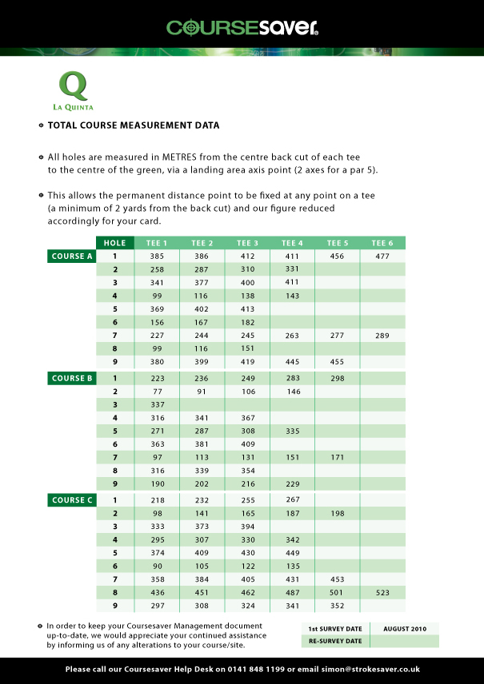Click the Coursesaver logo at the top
242,28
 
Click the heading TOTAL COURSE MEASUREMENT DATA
134,125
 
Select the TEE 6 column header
382,243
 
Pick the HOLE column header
115,243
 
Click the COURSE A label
72,256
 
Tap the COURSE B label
72,378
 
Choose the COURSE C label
72,500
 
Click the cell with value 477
382,256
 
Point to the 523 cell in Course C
382,592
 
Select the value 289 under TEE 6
382,336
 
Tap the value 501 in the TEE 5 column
337,592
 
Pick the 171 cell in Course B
337,459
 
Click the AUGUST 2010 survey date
405,629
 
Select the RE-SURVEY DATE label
335,641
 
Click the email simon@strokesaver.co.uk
367,670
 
